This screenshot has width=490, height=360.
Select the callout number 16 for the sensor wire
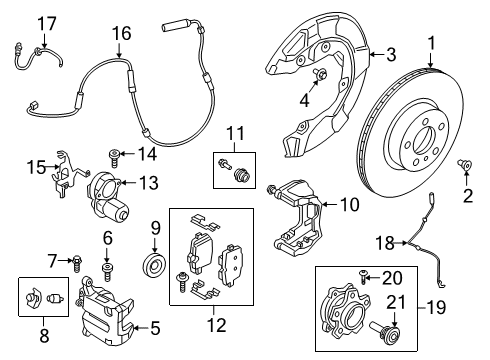pos(121,34)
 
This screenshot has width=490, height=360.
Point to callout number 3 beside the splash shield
pos(391,53)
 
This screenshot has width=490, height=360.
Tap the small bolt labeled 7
pos(76,262)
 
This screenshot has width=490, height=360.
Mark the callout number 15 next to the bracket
pos(35,167)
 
